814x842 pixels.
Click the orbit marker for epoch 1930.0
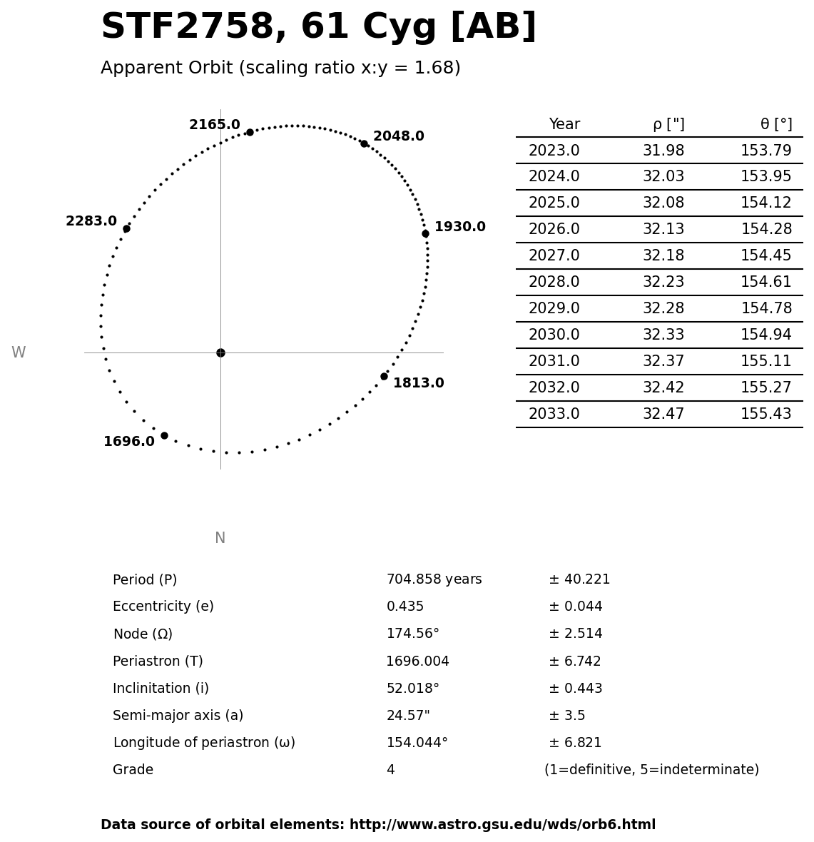tap(425, 233)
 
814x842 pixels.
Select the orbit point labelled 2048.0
tap(364, 143)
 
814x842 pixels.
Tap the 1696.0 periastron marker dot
tap(164, 435)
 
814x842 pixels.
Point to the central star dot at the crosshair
tap(220, 352)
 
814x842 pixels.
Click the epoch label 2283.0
tap(91, 221)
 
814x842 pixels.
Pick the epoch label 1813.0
tap(418, 383)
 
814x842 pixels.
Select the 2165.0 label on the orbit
tap(214, 125)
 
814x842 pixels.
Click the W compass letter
tap(19, 352)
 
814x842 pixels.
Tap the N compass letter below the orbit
tap(220, 538)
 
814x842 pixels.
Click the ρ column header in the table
tap(668, 124)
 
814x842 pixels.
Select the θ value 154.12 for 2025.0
tap(765, 203)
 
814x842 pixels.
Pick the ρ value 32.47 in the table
tap(663, 414)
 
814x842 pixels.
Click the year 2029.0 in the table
tap(554, 308)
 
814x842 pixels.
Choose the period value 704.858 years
tap(434, 579)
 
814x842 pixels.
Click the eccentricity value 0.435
tap(405, 607)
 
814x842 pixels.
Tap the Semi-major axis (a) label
tap(178, 716)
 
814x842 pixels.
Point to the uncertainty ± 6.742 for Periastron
tap(574, 661)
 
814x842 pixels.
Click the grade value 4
tap(390, 770)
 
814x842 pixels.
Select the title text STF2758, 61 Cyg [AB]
tap(318, 27)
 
